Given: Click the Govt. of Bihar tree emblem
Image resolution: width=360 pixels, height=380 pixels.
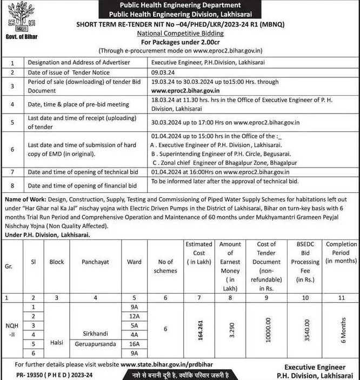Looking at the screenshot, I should [x=20, y=18].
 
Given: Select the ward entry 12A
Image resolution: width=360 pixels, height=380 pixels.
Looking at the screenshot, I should [x=134, y=316].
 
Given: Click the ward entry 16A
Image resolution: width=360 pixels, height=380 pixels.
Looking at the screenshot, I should [x=134, y=343].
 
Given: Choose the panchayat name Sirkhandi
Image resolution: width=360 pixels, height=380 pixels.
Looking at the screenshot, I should [x=95, y=334].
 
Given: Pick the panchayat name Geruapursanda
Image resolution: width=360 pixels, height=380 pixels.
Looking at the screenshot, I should [x=95, y=343].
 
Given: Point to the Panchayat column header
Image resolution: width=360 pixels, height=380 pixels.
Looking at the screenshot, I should [x=95, y=262].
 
